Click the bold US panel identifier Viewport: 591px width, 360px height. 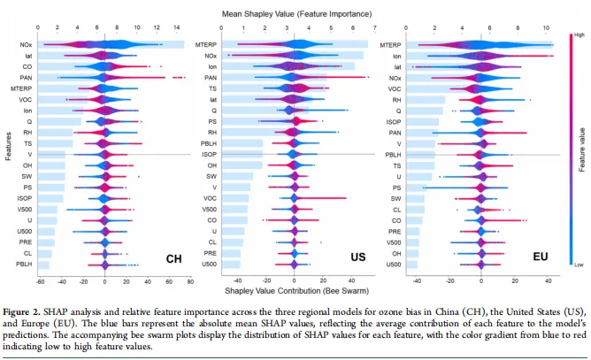(x=358, y=258)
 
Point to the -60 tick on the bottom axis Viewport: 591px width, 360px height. (x=41, y=283)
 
